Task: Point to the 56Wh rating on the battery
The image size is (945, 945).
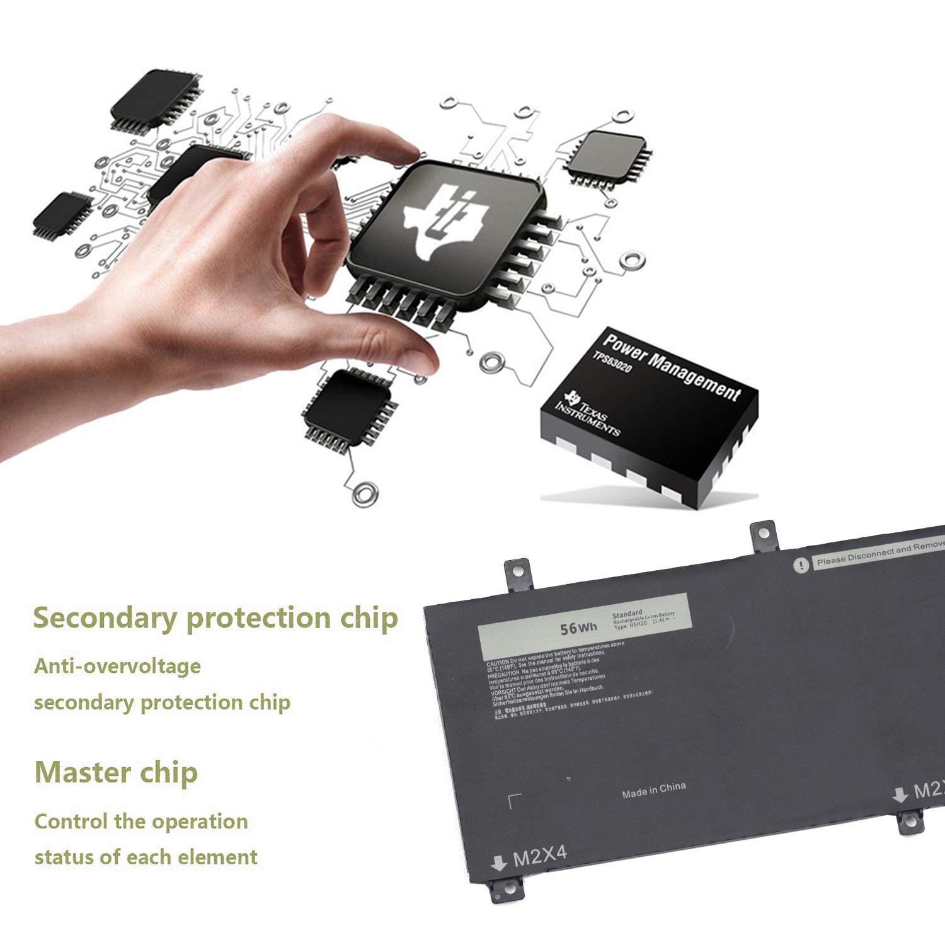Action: pyautogui.click(x=578, y=627)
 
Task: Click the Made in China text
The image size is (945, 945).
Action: pyautogui.click(x=653, y=790)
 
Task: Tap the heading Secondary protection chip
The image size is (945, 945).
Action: pyautogui.click(x=215, y=618)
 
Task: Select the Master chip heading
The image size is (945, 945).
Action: pyautogui.click(x=117, y=772)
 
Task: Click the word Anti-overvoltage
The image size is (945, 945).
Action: pyautogui.click(x=117, y=666)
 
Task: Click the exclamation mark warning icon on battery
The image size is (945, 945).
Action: pyautogui.click(x=801, y=565)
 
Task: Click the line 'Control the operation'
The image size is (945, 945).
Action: pyautogui.click(x=141, y=822)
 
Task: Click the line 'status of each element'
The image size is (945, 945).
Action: pyautogui.click(x=146, y=857)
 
